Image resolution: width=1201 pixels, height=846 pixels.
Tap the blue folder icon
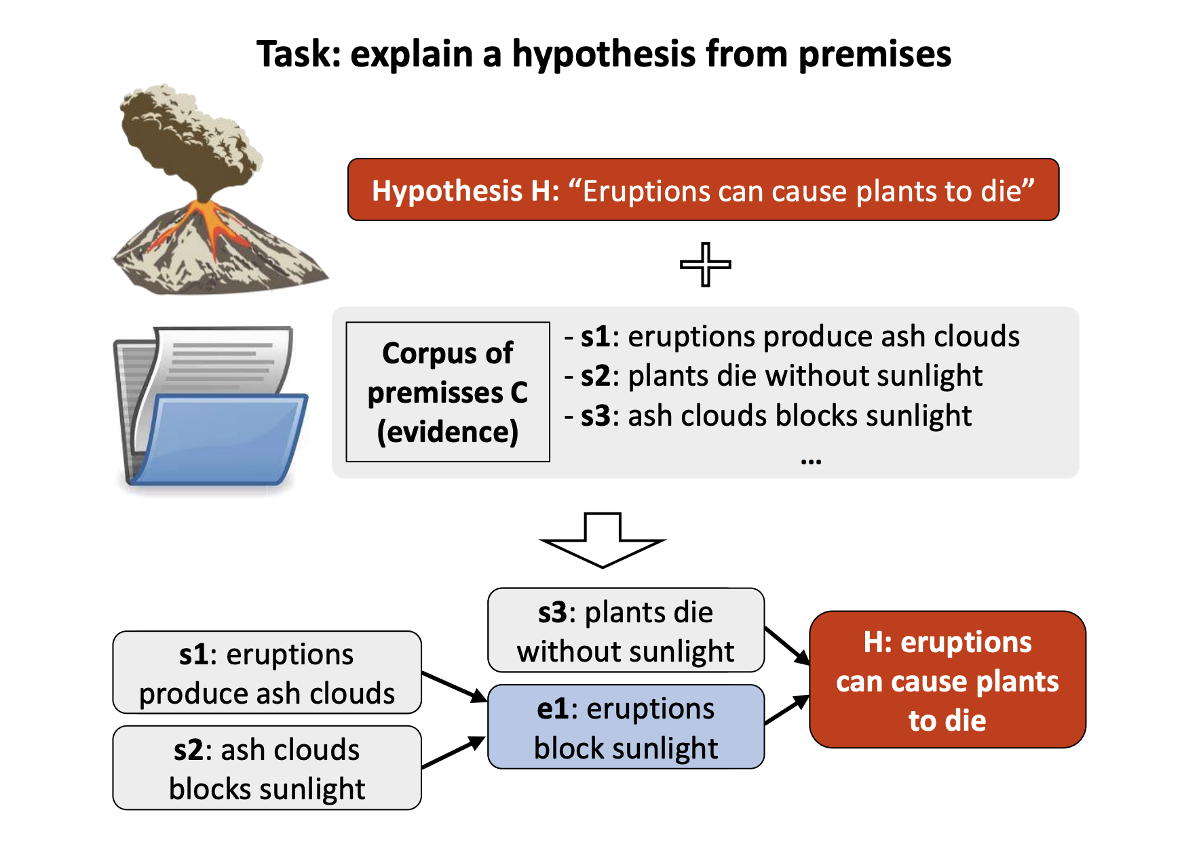[x=210, y=410]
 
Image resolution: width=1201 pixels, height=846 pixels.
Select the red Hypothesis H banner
[x=703, y=190]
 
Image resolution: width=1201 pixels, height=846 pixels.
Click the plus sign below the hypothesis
[x=706, y=264]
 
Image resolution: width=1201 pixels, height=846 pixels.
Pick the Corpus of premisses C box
[x=448, y=392]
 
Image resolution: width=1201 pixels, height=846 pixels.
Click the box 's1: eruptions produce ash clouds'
[x=267, y=672]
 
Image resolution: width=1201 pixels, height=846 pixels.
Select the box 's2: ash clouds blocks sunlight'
[x=267, y=768]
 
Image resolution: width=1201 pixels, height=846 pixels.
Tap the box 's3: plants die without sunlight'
[x=626, y=630]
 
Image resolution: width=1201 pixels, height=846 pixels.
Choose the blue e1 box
[x=626, y=727]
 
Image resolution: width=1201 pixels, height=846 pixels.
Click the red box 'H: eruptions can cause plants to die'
[x=947, y=680]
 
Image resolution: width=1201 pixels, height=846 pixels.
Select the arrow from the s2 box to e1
[x=453, y=752]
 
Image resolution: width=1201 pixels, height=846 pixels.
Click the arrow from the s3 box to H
[x=787, y=646]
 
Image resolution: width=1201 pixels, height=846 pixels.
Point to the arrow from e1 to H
[x=787, y=710]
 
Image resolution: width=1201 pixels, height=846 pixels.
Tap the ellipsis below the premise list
[x=811, y=462]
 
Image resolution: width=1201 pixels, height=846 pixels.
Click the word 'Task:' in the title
[x=299, y=54]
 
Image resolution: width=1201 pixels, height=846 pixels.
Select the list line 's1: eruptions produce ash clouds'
[x=793, y=337]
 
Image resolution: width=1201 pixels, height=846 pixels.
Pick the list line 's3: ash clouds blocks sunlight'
[x=769, y=416]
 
